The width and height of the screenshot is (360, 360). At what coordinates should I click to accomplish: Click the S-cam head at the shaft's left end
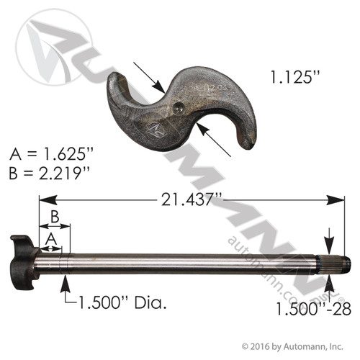22,258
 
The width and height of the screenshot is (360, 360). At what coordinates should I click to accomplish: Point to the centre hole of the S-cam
179,108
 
